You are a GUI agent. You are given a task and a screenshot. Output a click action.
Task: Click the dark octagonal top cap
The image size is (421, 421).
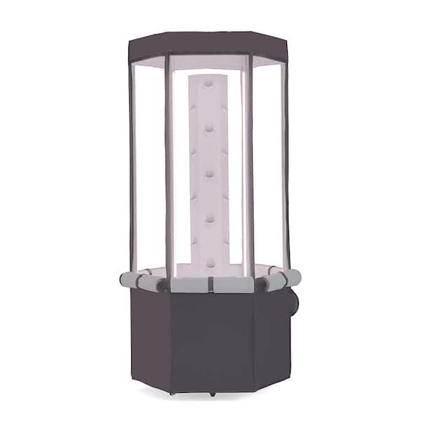click(x=208, y=46)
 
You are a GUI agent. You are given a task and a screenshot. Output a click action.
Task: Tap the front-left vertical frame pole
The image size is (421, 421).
click(x=168, y=168)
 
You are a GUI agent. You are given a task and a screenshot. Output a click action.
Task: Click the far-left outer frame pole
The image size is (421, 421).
click(x=131, y=161)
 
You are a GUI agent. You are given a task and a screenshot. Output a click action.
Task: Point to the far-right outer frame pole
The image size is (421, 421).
click(x=286, y=161)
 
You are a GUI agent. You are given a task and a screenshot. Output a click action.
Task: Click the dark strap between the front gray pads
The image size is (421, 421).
click(x=210, y=284)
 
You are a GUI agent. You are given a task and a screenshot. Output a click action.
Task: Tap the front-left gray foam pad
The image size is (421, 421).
click(x=188, y=285)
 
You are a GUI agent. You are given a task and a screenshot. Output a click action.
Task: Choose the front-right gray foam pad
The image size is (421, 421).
click(x=232, y=285)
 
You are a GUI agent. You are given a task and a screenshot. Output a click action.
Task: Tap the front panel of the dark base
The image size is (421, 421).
click(x=210, y=340)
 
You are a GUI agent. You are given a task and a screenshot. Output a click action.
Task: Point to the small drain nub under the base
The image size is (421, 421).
click(x=212, y=394)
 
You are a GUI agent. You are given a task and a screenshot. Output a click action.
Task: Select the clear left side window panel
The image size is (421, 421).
click(x=149, y=168)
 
